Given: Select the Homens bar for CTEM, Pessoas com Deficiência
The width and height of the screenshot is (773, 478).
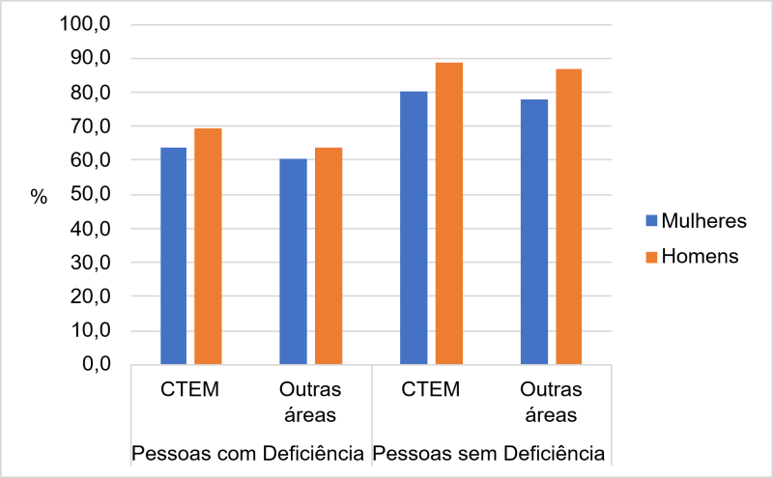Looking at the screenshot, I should click(208, 246).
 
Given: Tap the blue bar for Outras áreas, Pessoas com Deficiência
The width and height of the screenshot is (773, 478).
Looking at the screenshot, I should click(294, 261).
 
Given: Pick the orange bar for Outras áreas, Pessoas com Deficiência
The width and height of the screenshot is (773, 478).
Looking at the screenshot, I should click(329, 256).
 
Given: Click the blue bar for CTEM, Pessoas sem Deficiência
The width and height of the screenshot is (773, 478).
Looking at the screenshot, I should click(414, 228).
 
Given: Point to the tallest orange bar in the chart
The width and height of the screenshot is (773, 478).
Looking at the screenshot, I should click(448, 213).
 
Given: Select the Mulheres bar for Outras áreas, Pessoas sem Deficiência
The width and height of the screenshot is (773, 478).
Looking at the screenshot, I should click(534, 232).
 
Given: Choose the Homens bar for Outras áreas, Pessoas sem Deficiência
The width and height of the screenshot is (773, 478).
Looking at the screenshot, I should click(568, 217).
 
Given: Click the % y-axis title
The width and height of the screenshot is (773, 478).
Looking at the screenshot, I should click(39, 196).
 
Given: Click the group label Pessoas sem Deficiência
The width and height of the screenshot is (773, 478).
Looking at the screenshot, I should click(490, 452).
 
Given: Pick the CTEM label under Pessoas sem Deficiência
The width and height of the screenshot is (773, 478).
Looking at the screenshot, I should click(431, 390).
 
